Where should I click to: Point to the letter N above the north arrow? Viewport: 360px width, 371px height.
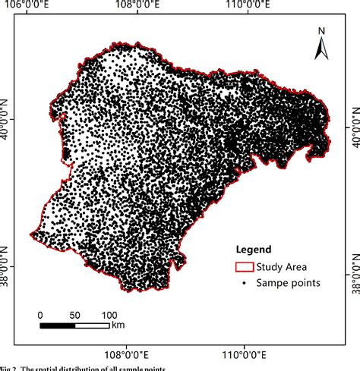coord(321,31)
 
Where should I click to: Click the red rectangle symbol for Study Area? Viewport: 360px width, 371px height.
coord(243,266)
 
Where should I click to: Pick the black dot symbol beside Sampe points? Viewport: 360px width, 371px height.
coord(243,283)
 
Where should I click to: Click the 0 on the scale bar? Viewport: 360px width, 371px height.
coord(40,314)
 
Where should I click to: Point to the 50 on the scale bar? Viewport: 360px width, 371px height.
coord(74,314)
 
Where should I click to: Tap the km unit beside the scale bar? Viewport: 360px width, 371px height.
coord(118,325)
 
